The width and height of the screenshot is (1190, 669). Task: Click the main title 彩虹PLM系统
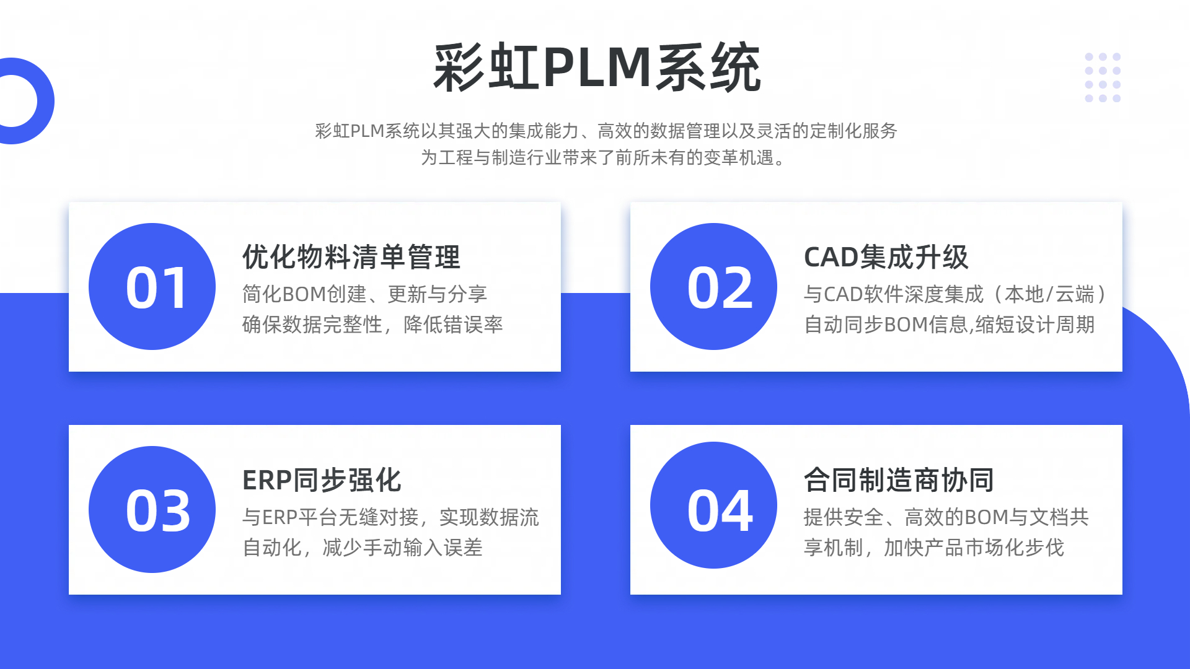[x=596, y=68]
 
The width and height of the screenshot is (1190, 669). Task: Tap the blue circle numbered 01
[x=152, y=287]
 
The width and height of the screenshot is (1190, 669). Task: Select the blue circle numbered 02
[x=713, y=287]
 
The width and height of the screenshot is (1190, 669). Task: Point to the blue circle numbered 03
[x=152, y=510]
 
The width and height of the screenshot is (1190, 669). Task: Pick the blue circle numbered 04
[x=713, y=505]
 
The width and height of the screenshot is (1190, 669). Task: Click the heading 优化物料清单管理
[x=351, y=257]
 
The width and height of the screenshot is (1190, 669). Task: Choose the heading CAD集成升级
[x=886, y=257]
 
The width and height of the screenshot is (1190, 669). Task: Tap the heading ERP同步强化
[x=322, y=480]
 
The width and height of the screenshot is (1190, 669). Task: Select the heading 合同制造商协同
[x=899, y=480]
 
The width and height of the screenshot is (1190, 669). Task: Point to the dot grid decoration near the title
[x=1103, y=77]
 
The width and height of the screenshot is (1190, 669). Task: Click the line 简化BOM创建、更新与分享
[x=364, y=294]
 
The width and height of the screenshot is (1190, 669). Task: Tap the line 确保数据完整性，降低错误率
[x=372, y=325]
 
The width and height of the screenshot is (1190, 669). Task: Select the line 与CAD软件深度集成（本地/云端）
[x=954, y=294]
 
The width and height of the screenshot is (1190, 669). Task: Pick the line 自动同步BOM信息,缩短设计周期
[x=949, y=325]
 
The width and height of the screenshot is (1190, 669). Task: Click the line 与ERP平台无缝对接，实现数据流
[x=390, y=517]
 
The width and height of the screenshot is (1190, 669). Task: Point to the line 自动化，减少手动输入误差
[x=363, y=548]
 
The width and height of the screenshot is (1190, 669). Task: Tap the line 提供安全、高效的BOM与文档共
[x=946, y=517]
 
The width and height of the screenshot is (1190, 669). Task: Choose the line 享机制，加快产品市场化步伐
[x=934, y=548]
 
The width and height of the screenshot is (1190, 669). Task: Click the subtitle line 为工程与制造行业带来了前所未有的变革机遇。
[x=604, y=158]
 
